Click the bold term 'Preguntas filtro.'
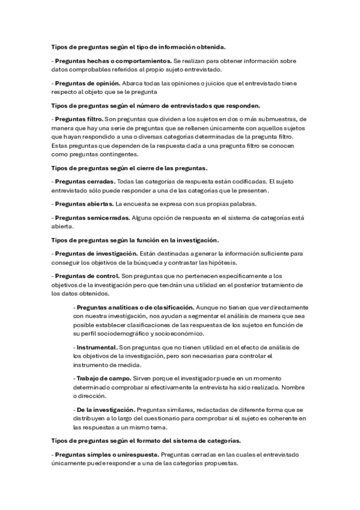click(79, 118)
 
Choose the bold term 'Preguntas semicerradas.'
click(90, 217)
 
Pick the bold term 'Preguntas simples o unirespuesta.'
click(107, 454)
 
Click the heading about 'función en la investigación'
click(136, 240)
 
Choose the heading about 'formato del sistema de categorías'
click(147, 441)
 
